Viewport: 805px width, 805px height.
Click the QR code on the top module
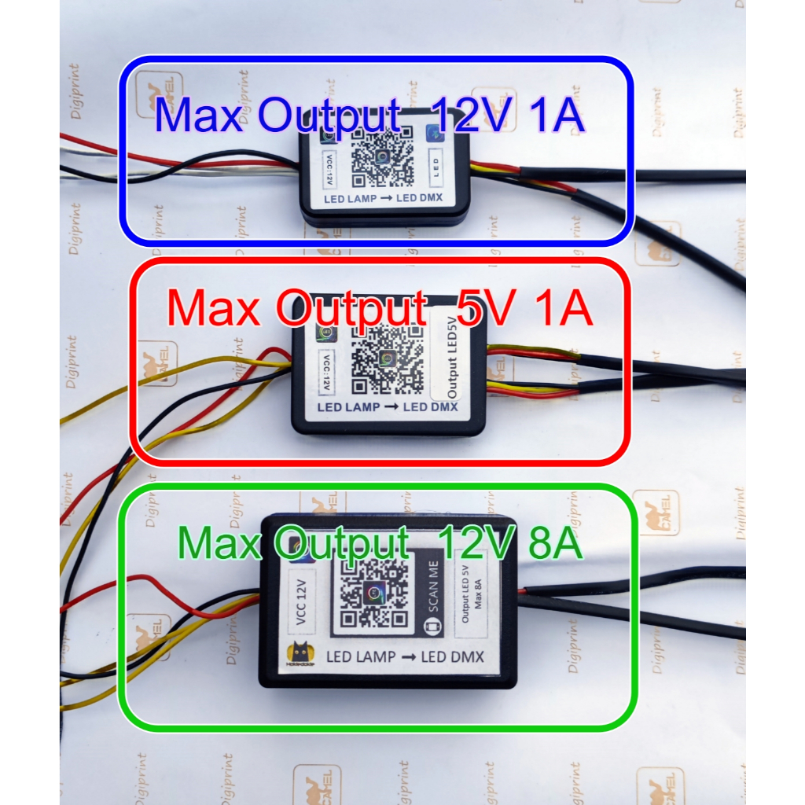coord(381,158)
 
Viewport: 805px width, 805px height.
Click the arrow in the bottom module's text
coord(407,656)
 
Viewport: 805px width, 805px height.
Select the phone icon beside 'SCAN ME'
coord(432,627)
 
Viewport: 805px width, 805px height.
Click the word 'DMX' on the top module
coord(428,200)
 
